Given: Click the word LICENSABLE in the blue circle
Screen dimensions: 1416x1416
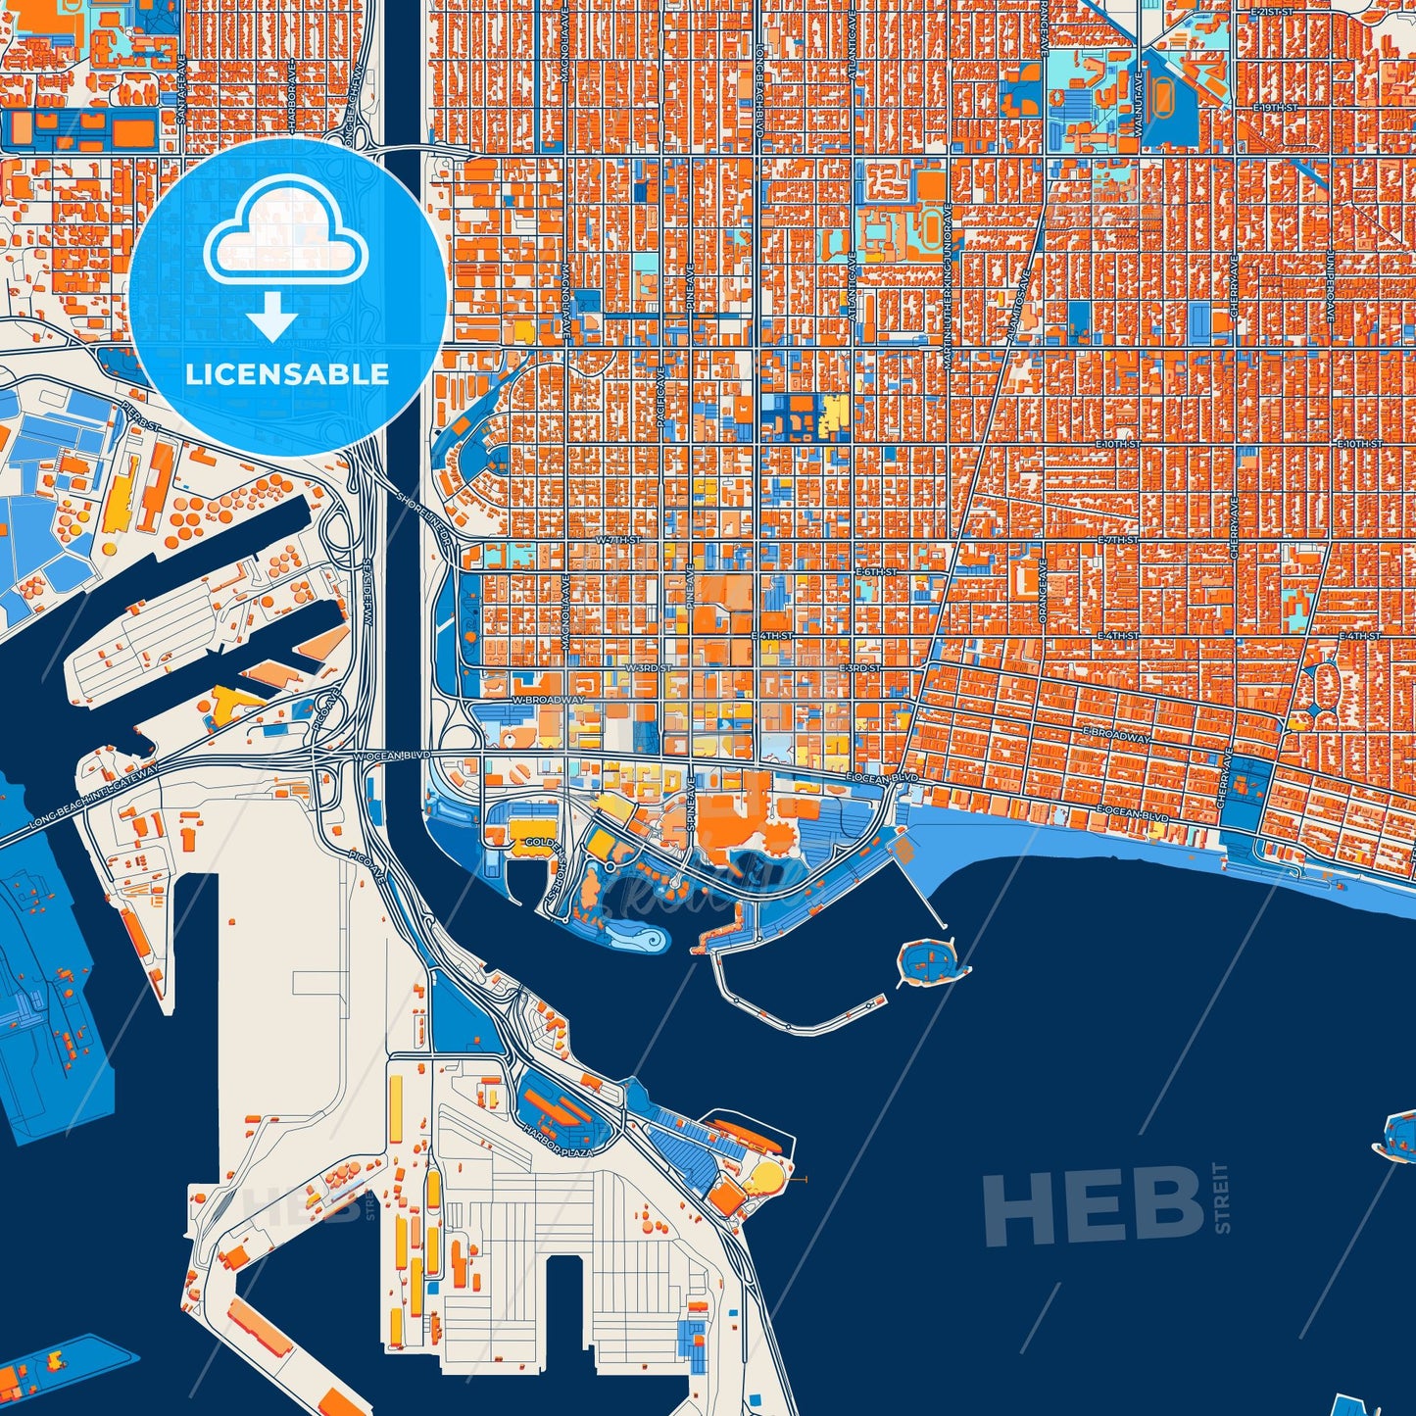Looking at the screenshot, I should (x=287, y=374).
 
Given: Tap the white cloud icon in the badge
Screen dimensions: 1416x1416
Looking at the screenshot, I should (x=285, y=235).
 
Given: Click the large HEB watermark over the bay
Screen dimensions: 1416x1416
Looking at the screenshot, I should (x=1094, y=1206).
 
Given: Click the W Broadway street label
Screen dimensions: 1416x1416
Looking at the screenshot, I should (x=548, y=701).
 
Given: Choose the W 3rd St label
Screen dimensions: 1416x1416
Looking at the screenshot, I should (x=648, y=668).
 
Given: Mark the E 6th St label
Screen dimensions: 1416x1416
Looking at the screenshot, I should (x=876, y=571).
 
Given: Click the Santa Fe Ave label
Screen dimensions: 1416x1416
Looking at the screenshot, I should (x=182, y=93).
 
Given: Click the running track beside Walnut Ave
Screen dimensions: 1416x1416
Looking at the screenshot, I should (x=1161, y=98).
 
